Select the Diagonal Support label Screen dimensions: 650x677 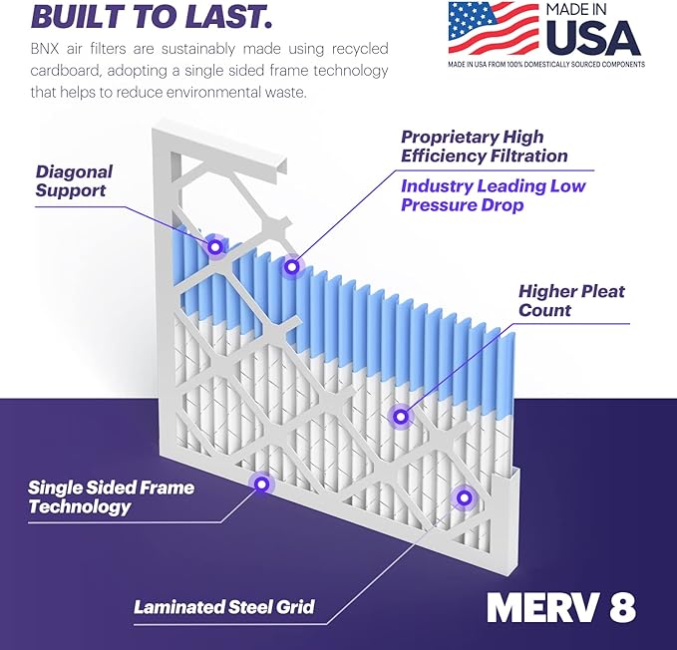pyautogui.click(x=74, y=180)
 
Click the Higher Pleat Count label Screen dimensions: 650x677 pyautogui.click(x=571, y=300)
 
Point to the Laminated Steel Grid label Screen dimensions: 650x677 pyautogui.click(x=224, y=606)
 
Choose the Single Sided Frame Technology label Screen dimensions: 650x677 pyautogui.click(x=111, y=497)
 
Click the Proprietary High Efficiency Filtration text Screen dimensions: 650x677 pyautogui.click(x=485, y=146)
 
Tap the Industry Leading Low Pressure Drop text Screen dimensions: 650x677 pyautogui.click(x=494, y=195)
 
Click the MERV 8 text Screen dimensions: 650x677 pyautogui.click(x=561, y=606)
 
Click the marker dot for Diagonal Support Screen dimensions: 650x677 pyautogui.click(x=214, y=245)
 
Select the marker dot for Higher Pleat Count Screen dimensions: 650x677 pyautogui.click(x=400, y=416)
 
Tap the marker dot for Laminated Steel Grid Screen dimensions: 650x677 pyautogui.click(x=463, y=496)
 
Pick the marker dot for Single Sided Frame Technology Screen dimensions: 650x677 pyautogui.click(x=261, y=485)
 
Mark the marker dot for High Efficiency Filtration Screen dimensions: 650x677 pyautogui.click(x=291, y=266)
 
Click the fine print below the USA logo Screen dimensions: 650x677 pyautogui.click(x=544, y=65)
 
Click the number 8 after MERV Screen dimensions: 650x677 pyautogui.click(x=621, y=606)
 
